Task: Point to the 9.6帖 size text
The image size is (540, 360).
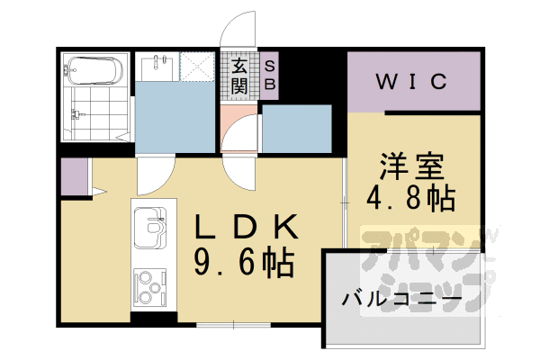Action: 245,263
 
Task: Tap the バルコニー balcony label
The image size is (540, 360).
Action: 401,299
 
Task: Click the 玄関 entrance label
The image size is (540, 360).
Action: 239,76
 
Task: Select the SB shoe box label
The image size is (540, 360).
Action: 269,76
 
